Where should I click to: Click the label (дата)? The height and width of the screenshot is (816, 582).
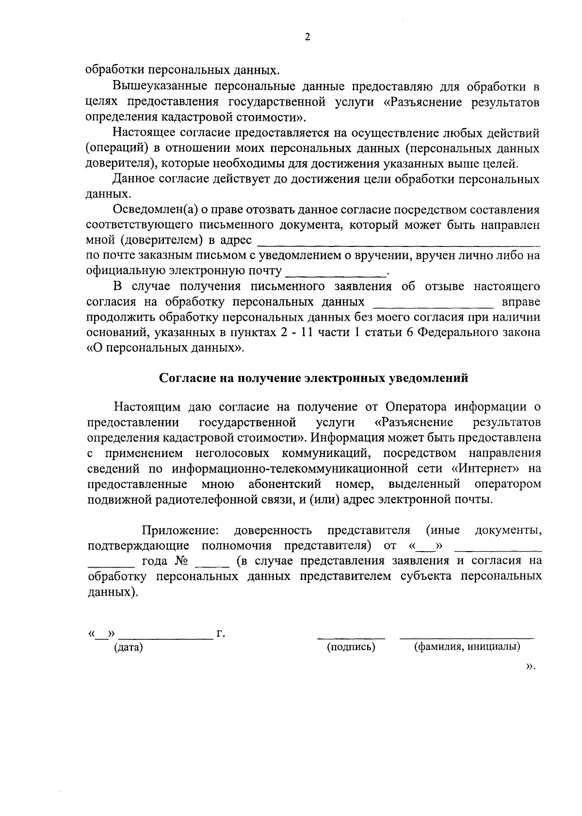pyautogui.click(x=128, y=647)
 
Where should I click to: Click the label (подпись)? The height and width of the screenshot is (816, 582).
pyautogui.click(x=351, y=647)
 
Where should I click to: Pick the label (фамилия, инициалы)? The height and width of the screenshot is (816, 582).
pyautogui.click(x=467, y=647)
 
